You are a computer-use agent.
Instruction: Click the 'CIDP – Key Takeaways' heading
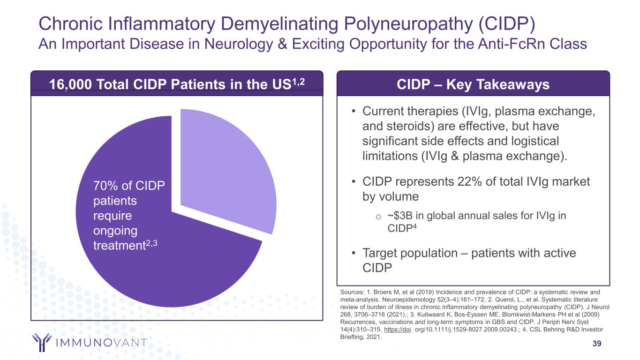473,84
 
